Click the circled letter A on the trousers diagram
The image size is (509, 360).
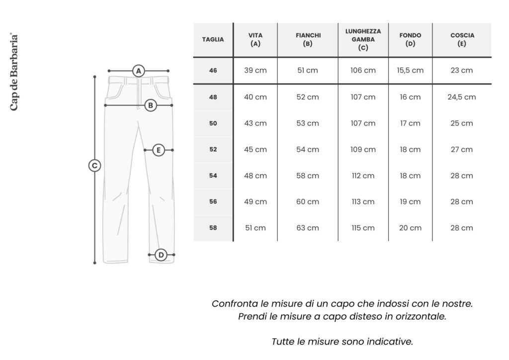click(x=139, y=71)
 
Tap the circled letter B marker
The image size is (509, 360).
click(x=151, y=105)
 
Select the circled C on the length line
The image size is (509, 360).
click(x=94, y=166)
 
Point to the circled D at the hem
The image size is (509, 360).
click(x=161, y=255)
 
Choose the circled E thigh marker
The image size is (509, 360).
click(x=158, y=150)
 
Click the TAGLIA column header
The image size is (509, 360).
click(x=213, y=40)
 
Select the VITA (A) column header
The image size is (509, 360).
click(x=255, y=40)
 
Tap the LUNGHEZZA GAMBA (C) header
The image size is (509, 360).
click(x=363, y=40)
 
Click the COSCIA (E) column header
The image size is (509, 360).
click(x=462, y=40)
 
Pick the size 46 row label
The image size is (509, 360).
click(x=213, y=71)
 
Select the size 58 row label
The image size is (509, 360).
click(x=213, y=228)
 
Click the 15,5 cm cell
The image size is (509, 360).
click(x=410, y=71)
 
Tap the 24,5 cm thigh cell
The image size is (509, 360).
click(x=462, y=97)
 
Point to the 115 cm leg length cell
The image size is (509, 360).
click(x=363, y=228)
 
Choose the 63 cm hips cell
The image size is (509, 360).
click(x=308, y=228)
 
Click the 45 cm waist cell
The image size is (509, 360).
click(x=255, y=150)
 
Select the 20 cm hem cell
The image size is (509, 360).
click(x=410, y=228)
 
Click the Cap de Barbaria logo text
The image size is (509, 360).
click(x=14, y=72)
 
